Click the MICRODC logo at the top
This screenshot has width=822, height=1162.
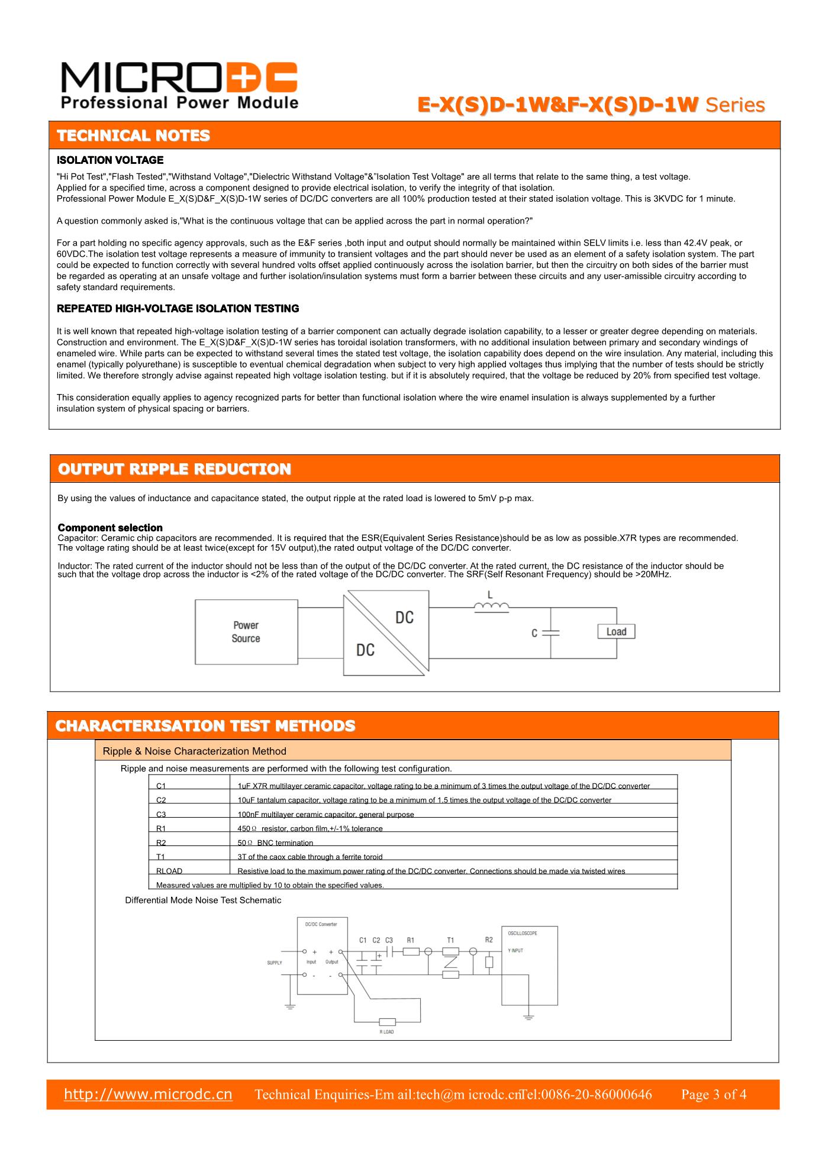pos(179,85)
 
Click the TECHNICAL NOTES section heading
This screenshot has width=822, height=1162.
pos(133,135)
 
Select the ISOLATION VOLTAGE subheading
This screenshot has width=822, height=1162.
pos(110,160)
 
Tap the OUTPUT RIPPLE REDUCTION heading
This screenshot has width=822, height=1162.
pos(174,469)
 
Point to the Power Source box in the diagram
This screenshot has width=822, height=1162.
pos(246,632)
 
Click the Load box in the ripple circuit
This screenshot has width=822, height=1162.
pos(615,631)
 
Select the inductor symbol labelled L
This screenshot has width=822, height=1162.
pos(491,605)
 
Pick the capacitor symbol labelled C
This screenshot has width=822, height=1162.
pos(550,632)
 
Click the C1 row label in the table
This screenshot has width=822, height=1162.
pos(161,786)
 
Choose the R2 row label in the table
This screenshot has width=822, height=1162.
pos(161,843)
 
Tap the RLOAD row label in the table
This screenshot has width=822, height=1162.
pos(169,871)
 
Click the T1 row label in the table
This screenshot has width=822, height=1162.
pos(161,857)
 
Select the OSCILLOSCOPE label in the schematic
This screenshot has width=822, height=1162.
pos(523,933)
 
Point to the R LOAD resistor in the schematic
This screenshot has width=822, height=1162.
pos(387,1022)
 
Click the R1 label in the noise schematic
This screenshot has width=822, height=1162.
pos(411,940)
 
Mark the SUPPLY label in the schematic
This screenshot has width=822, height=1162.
pos(275,963)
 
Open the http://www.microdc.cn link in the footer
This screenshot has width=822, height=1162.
pos(148,1094)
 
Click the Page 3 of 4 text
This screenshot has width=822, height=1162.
pos(713,1095)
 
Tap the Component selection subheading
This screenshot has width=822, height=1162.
pos(110,528)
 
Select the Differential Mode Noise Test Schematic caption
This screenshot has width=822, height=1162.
pos(203,900)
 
